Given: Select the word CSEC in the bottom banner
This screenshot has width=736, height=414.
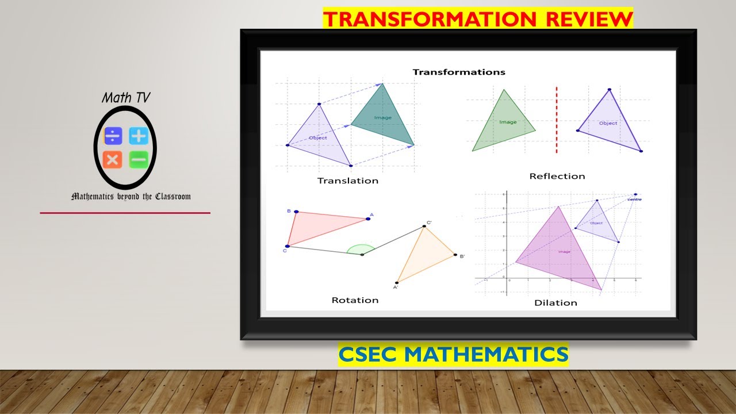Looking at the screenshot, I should (369, 354).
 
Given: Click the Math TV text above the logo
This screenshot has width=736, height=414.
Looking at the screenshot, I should (125, 98).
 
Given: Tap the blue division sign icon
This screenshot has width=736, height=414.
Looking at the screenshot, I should (113, 136).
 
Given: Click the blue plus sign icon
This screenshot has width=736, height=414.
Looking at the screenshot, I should (139, 136).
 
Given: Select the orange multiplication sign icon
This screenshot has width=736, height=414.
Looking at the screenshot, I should (113, 159).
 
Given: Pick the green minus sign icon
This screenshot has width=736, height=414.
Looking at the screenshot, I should (139, 159).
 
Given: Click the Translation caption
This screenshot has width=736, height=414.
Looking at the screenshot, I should (348, 181).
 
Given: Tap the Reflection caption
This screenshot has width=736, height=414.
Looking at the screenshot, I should (557, 176).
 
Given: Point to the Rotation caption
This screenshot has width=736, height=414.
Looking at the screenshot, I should (355, 300).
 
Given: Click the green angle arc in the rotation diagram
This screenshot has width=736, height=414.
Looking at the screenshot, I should (361, 249).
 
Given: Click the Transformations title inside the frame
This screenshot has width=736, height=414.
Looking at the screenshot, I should (459, 72).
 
